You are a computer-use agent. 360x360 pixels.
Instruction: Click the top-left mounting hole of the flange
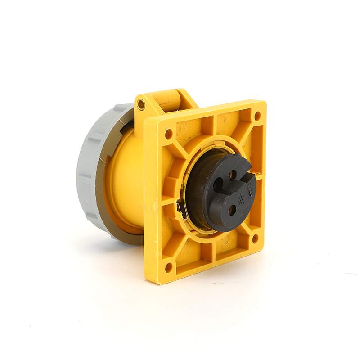[x=169, y=134]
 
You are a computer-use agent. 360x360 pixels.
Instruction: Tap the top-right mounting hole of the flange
[x=257, y=116]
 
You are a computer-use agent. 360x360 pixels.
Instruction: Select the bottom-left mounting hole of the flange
[x=169, y=267]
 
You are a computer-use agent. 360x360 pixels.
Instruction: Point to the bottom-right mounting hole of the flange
[x=255, y=238]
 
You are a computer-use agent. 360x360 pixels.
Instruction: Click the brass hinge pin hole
[x=141, y=105]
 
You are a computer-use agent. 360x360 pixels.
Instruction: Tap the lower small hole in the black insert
[x=233, y=209]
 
